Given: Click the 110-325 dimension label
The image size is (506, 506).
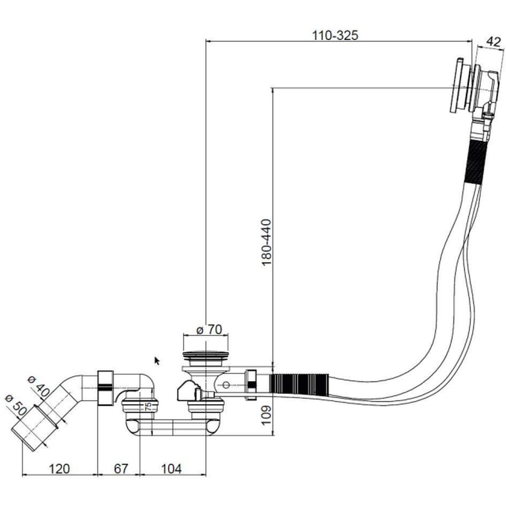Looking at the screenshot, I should click(x=335, y=35).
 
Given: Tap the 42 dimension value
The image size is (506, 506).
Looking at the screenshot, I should click(x=493, y=41).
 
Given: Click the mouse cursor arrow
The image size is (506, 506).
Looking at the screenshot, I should click(x=157, y=361).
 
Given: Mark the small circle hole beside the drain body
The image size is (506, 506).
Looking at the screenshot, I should click(x=226, y=385).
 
